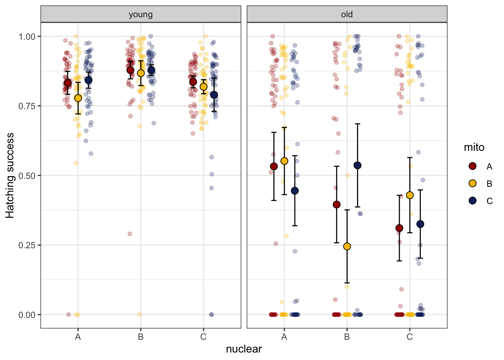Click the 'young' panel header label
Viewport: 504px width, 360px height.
point(141,15)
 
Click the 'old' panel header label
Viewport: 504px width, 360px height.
point(347,15)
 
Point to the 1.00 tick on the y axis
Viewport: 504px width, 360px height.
point(27,36)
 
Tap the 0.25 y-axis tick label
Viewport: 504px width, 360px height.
point(27,245)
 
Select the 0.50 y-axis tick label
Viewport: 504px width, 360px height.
point(27,175)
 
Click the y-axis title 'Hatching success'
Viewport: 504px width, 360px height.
point(10,175)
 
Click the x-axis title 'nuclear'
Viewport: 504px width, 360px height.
point(244,349)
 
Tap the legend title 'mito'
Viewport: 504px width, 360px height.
point(474,147)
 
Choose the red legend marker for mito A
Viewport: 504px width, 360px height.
point(472,166)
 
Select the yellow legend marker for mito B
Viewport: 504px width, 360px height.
point(472,183)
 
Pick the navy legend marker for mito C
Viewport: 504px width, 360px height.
point(472,201)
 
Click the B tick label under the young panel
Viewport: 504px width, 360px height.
point(141,337)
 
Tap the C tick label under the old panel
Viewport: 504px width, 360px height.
point(409,337)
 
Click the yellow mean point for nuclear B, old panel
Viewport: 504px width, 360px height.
point(347,246)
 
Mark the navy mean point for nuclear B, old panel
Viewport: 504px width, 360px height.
point(357,165)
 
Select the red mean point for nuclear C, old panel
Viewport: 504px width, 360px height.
point(399,228)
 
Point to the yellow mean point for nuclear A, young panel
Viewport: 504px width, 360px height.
point(78,98)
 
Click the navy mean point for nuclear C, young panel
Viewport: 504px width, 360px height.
point(214,95)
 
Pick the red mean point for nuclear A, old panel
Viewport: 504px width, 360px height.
point(274,166)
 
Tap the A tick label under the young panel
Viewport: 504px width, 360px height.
point(78,337)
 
